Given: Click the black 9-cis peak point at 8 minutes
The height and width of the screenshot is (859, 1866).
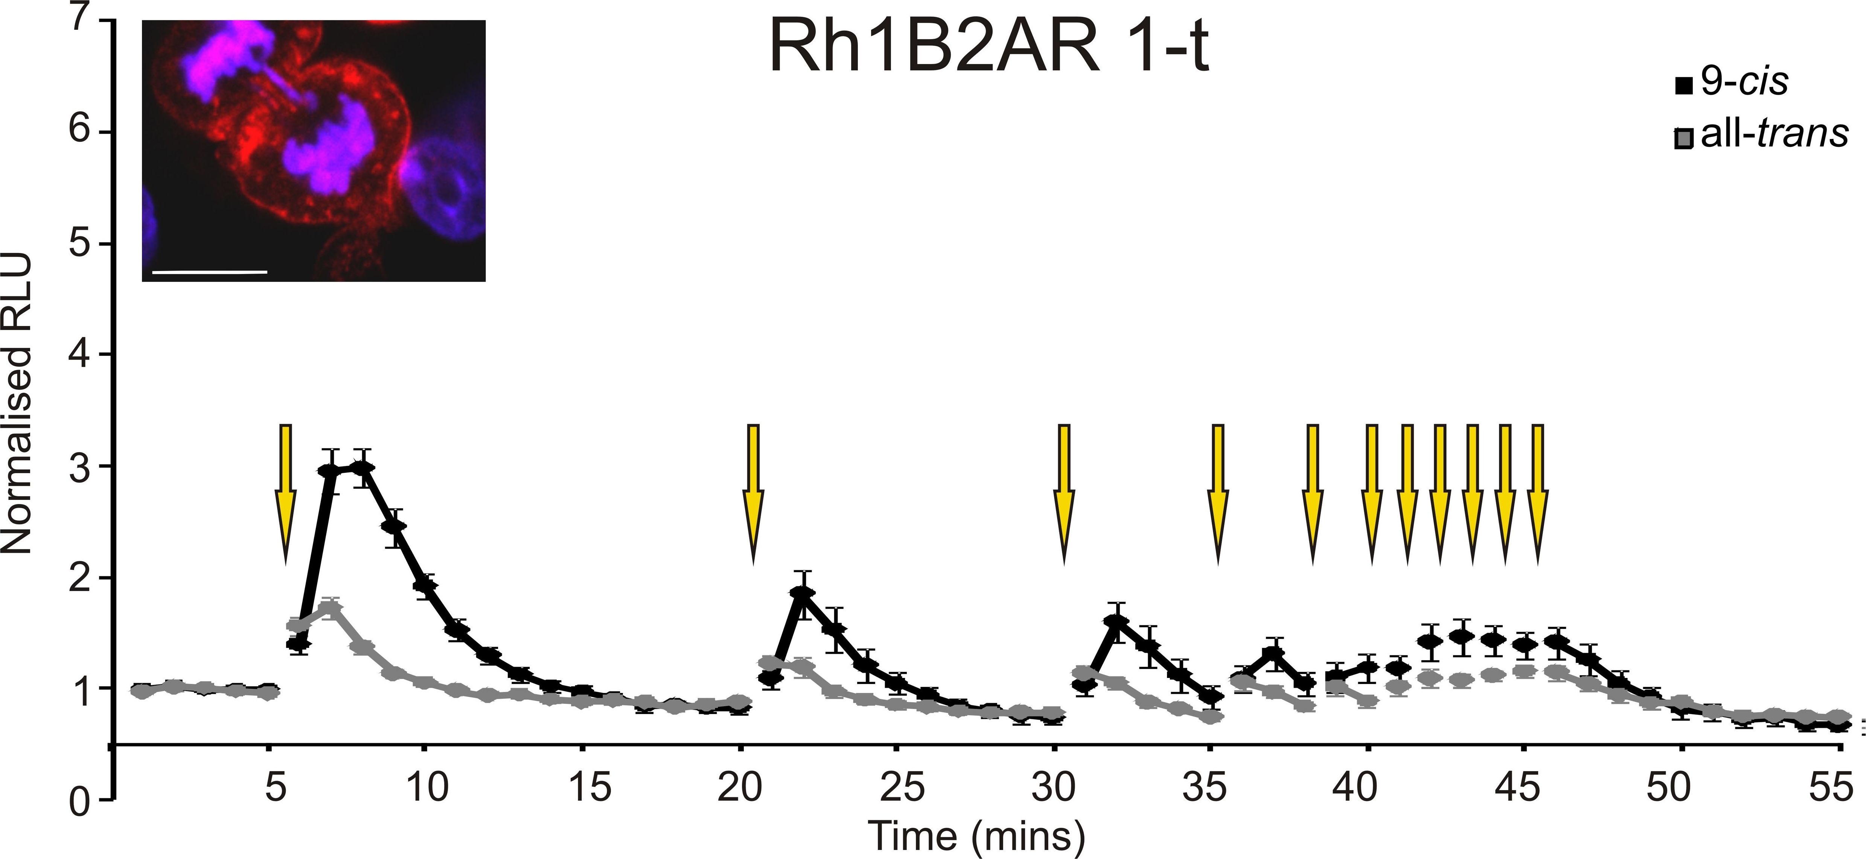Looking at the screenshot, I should click(362, 469).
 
